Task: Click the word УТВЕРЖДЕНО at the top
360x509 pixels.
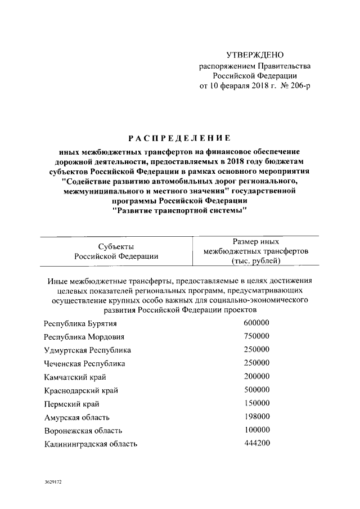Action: click(255, 55)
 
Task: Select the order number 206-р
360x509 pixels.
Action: click(298, 86)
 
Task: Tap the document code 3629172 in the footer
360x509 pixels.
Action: click(54, 483)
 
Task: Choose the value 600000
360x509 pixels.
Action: click(257, 323)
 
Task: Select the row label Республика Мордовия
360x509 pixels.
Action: click(84, 337)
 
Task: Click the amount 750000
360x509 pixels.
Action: click(257, 336)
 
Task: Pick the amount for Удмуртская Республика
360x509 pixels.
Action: click(257, 350)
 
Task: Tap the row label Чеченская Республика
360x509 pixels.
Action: click(84, 364)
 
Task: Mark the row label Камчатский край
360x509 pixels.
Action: click(75, 377)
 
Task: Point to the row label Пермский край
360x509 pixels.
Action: click(69, 404)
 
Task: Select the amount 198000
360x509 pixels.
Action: click(257, 417)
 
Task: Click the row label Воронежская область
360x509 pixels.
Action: click(83, 431)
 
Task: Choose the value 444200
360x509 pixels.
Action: click(257, 443)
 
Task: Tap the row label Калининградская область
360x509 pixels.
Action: click(90, 444)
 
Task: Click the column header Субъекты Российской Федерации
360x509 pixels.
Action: click(116, 251)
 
